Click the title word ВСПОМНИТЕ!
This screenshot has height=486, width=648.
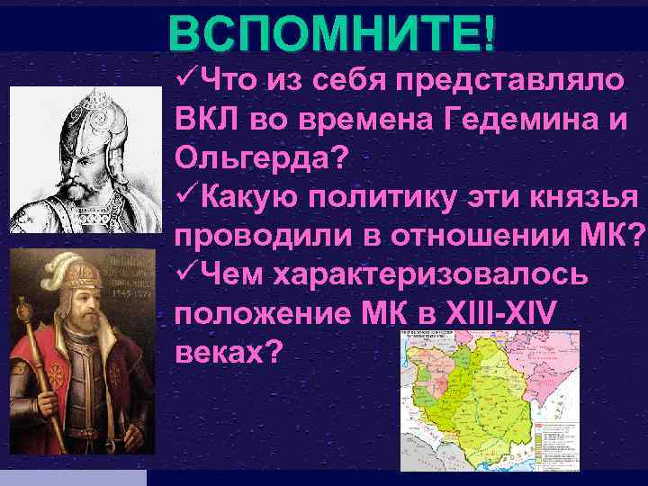[x=330, y=33]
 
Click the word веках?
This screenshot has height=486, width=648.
[x=224, y=352]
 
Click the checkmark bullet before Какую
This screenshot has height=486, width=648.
[x=183, y=196]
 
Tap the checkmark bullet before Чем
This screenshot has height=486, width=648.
[x=183, y=274]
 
